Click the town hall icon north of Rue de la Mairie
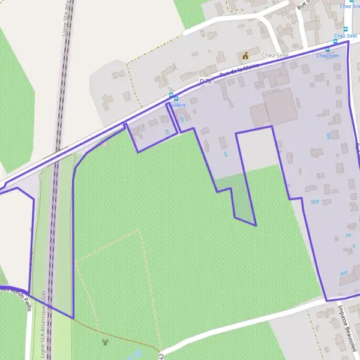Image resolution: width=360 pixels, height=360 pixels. pyautogui.click(x=245, y=56)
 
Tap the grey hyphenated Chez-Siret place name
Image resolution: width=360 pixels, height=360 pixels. pyautogui.click(x=275, y=55)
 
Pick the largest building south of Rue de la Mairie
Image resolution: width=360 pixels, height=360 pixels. pyautogui.click(x=280, y=106)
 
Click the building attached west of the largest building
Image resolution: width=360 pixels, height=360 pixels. pyautogui.click(x=258, y=115)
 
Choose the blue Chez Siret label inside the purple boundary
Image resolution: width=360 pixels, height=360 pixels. pyautogui.click(x=328, y=56)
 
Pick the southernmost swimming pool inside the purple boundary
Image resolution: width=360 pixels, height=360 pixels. pyautogui.click(x=343, y=273)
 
